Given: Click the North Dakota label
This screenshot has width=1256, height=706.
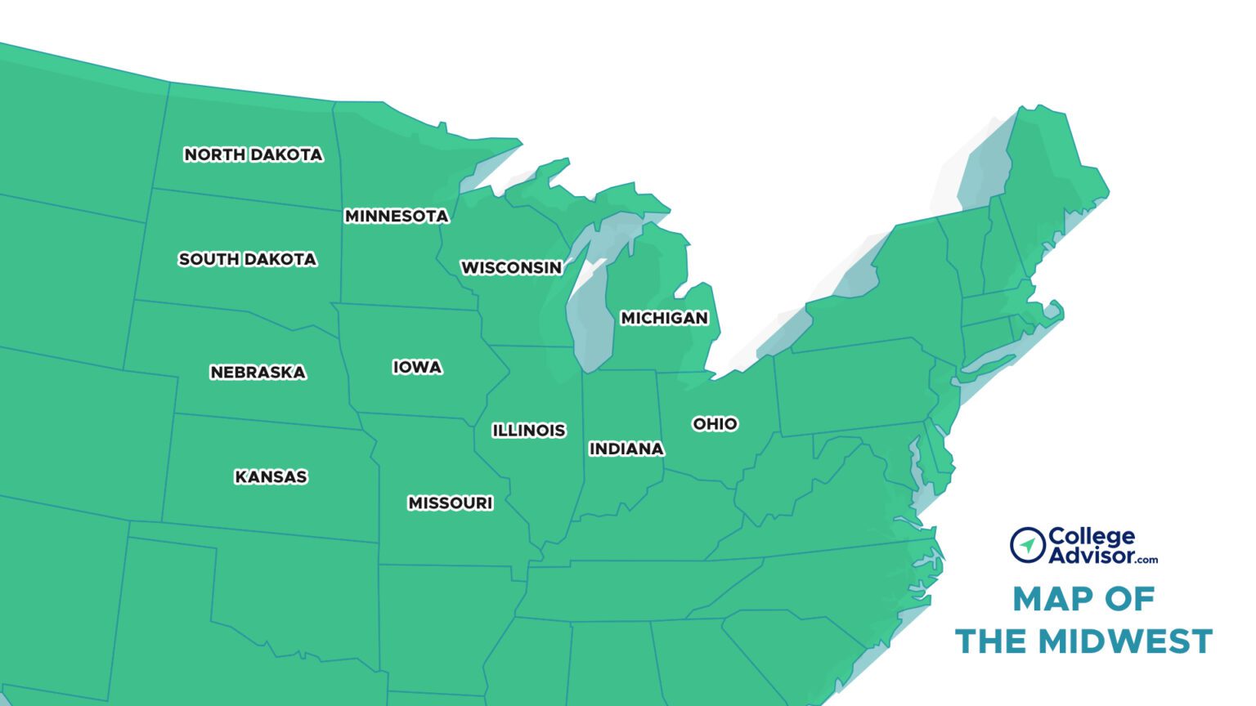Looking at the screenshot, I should [253, 154].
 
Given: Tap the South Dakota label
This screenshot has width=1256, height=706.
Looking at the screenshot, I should [247, 259].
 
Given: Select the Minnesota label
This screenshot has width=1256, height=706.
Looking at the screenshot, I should [397, 216].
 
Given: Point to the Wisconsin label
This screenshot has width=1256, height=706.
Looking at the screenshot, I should [511, 267].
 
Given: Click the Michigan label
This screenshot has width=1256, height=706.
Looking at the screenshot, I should [664, 318].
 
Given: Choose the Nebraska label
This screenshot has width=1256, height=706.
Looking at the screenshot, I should [258, 372].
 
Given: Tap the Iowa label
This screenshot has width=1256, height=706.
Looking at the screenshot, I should [417, 367].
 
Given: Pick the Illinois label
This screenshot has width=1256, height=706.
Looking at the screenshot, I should [528, 430].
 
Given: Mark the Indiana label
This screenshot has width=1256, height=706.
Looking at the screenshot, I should [626, 449].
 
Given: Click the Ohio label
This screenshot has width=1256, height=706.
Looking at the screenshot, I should [715, 423].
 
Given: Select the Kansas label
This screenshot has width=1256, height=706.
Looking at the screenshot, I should [271, 476].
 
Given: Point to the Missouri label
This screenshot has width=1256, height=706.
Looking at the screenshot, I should [450, 503].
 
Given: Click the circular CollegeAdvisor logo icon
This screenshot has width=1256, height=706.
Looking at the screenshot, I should [1027, 545].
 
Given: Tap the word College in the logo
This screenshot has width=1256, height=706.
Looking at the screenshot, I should [1091, 536].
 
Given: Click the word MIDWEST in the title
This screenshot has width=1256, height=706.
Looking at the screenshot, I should [1125, 641].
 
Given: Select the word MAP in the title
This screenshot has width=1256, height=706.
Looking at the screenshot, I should [1049, 599].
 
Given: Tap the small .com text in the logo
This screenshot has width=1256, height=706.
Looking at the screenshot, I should [1146, 560].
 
